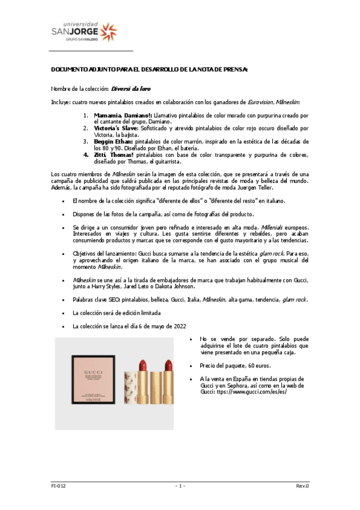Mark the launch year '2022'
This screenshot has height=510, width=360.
click(x=178, y=326)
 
